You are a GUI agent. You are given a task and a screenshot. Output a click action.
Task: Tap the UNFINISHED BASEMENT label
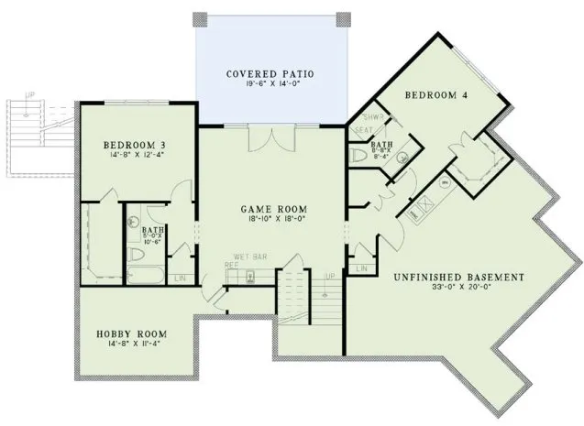click(446, 277)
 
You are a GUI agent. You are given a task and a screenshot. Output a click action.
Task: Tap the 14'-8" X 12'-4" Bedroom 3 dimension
click(134, 156)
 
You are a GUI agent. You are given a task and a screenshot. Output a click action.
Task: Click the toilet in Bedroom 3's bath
click(134, 221)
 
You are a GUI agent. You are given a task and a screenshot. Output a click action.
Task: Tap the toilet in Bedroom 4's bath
click(359, 157)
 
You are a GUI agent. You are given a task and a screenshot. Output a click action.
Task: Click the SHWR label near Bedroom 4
click(371, 118)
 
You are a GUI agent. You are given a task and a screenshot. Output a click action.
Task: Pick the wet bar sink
click(254, 274)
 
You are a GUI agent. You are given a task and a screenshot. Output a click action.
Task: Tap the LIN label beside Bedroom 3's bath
click(180, 276)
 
